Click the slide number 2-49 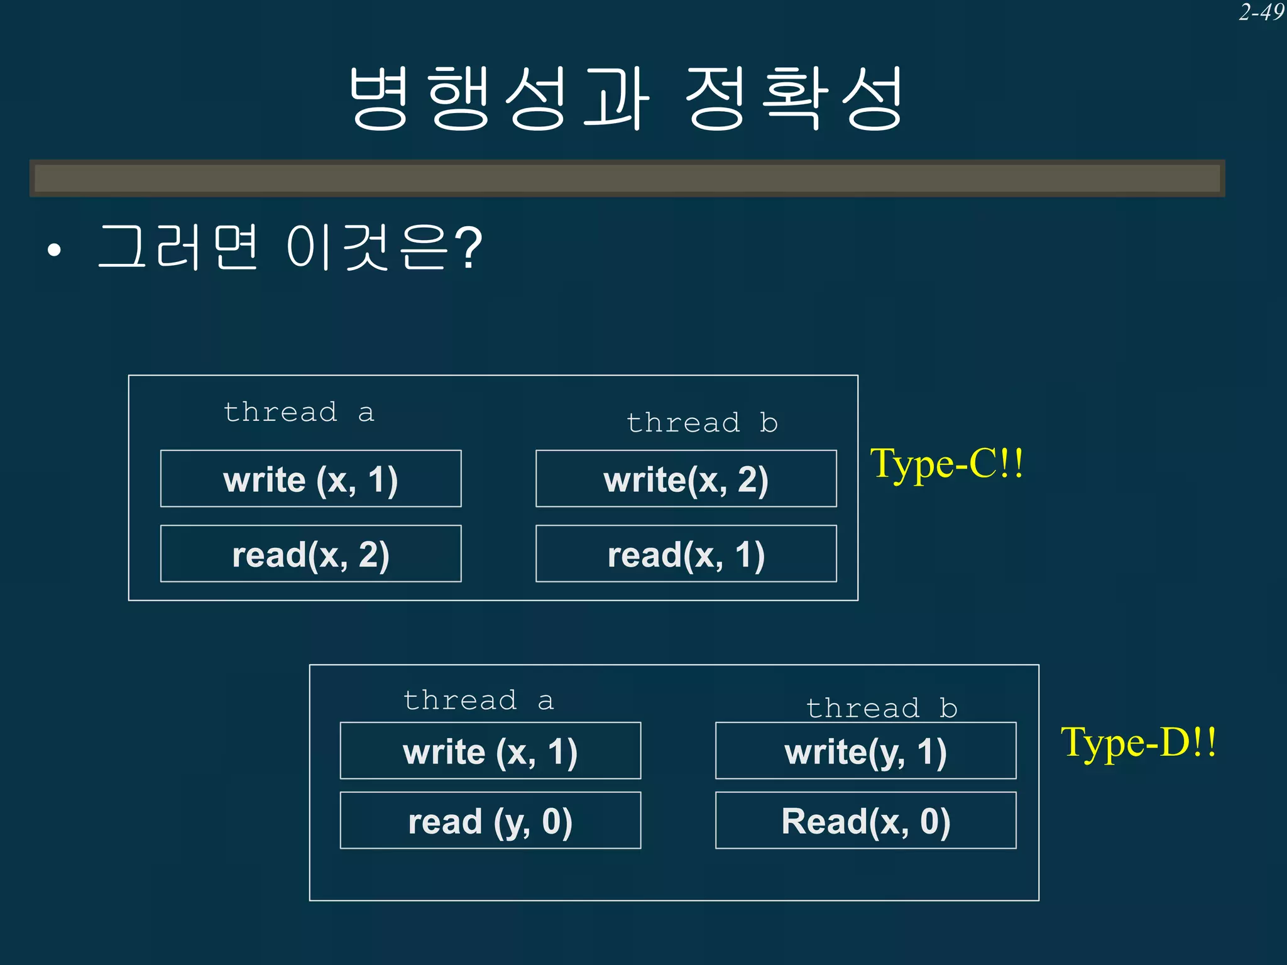point(1261,13)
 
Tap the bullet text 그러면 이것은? point(289,248)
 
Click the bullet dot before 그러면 point(55,251)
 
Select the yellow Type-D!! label point(1138,742)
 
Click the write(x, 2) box point(686,479)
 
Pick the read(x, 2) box point(310,553)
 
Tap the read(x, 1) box point(686,553)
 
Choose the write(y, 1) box point(865,751)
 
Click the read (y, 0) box point(490,821)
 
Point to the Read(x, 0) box point(865,821)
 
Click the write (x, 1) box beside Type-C point(310,479)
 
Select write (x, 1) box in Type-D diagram point(490,751)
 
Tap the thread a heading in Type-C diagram point(299,413)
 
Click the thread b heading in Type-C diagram point(702,423)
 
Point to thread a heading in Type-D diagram point(478,701)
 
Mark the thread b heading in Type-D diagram point(882,709)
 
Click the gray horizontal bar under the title point(627,178)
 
